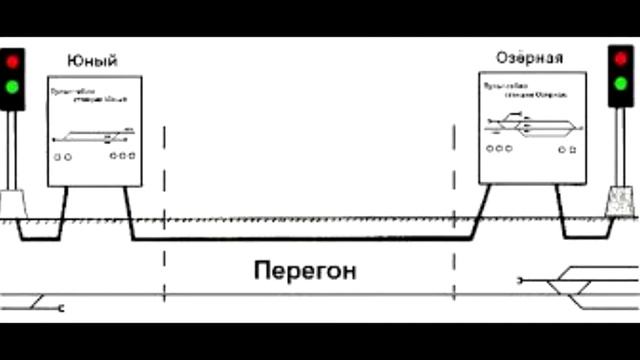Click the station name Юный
(93, 62)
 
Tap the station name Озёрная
(529, 57)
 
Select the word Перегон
(305, 270)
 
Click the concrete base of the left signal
(14, 204)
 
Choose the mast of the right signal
(621, 145)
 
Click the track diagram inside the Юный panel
(95, 135)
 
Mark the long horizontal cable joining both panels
(300, 239)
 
